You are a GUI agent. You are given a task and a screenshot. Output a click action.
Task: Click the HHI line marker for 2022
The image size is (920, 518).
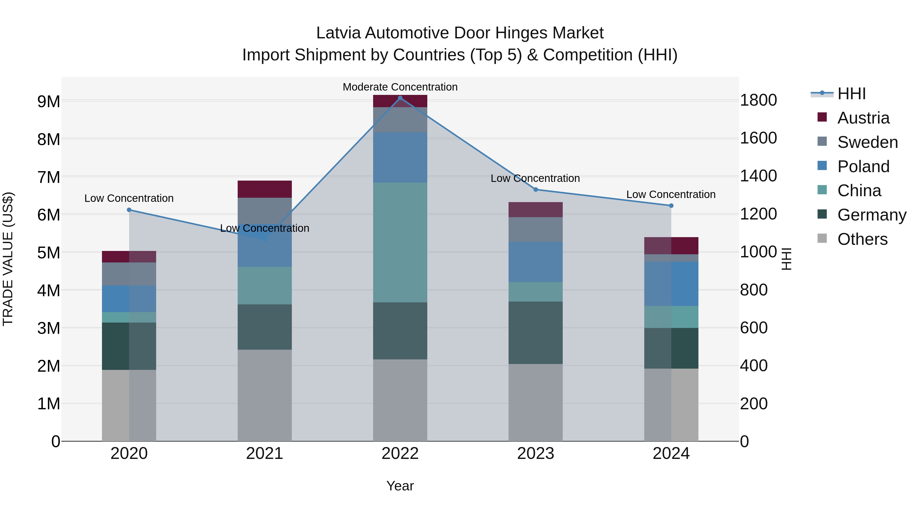click(x=400, y=98)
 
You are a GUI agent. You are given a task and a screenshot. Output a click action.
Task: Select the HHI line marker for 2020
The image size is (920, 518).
click(x=129, y=210)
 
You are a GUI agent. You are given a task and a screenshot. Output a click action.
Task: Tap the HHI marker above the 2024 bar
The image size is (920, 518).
click(x=671, y=206)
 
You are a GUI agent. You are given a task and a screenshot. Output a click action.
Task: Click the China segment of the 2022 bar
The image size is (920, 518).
click(x=400, y=243)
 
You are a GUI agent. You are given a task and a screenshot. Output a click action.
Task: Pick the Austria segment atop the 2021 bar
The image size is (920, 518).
click(x=265, y=189)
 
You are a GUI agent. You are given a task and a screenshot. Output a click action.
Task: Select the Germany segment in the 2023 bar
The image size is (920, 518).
click(x=535, y=333)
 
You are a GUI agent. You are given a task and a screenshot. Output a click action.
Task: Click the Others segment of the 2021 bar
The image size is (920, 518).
click(x=265, y=395)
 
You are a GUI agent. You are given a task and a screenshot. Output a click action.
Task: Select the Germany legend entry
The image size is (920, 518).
click(x=871, y=215)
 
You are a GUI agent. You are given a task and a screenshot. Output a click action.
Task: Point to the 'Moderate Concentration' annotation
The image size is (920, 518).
click(x=400, y=87)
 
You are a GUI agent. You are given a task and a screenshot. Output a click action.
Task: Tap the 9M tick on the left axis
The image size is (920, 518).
click(x=49, y=102)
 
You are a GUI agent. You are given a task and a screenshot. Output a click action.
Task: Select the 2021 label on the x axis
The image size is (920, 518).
click(x=265, y=453)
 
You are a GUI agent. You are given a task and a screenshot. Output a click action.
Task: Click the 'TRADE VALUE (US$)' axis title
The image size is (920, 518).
click(x=8, y=259)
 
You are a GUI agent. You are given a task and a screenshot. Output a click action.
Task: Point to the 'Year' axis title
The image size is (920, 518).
click(x=400, y=486)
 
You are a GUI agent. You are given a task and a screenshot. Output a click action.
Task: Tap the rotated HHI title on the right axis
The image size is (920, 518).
click(x=787, y=259)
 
